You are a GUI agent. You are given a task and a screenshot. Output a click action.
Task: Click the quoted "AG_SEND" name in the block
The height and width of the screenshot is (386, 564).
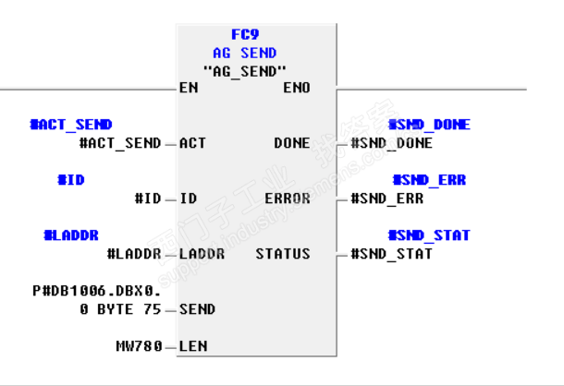pos(244,70)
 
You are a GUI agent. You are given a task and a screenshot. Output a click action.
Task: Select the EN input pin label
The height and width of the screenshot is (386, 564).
pos(189,88)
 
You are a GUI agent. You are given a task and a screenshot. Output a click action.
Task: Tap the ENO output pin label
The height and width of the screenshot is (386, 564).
pos(297,88)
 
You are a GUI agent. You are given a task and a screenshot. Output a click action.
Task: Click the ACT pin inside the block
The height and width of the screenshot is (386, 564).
pos(192,143)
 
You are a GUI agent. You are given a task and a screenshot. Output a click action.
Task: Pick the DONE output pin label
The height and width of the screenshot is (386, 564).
pos(292,143)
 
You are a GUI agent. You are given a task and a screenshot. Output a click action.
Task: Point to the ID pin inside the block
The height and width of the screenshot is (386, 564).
pos(188,199)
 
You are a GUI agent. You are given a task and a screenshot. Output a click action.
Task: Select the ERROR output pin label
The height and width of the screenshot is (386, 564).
pos(288,199)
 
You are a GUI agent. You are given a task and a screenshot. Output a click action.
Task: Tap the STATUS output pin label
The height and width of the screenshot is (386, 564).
pos(283,254)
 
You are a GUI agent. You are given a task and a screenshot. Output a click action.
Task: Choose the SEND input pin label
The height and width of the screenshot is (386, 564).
pos(197,309)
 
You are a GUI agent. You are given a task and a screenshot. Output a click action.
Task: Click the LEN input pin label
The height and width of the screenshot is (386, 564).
pos(192,346)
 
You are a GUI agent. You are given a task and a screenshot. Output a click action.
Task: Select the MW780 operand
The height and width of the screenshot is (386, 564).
pos(135,346)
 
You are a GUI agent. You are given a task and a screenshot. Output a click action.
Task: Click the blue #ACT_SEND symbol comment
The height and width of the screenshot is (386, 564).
pos(71,125)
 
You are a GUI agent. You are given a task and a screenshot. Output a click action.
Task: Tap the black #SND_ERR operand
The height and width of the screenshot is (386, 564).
pos(387,199)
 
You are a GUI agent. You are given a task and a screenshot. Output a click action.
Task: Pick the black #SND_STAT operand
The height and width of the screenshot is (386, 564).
pos(391,254)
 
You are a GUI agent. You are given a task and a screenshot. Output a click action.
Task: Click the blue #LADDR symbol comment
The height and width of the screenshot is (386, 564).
pos(71,235)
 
